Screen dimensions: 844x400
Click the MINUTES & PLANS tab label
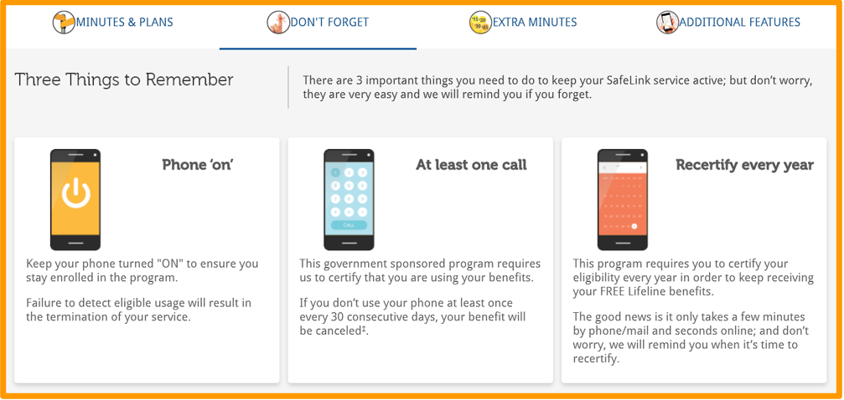point(124,23)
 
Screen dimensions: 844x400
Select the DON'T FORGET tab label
point(329,23)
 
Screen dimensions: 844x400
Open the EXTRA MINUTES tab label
point(535,23)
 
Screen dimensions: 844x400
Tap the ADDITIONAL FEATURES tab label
point(739,23)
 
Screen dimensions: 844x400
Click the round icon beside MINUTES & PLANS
point(64,23)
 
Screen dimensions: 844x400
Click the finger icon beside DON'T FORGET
point(278,23)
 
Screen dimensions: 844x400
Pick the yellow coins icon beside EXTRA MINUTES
point(480,23)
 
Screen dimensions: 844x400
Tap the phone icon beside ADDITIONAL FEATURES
point(667,23)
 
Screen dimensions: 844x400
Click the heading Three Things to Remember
point(124,79)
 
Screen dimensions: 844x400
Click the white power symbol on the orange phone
point(76,193)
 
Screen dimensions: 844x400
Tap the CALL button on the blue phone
point(349,225)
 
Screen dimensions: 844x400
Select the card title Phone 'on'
point(197,165)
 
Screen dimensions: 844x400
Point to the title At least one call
point(472,165)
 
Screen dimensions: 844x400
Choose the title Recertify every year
point(745,165)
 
